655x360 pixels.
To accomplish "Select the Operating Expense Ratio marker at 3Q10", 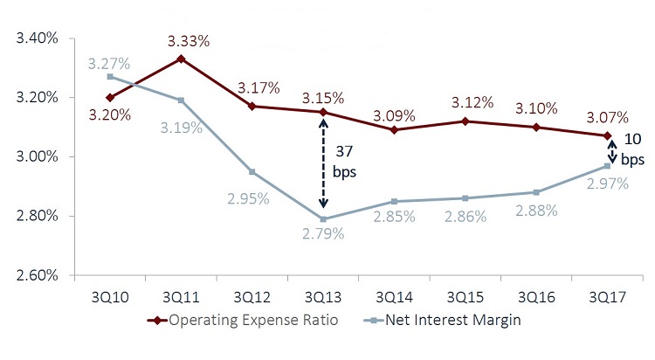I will pos(109,97).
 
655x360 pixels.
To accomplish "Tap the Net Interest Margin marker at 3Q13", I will pos(324,218).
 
